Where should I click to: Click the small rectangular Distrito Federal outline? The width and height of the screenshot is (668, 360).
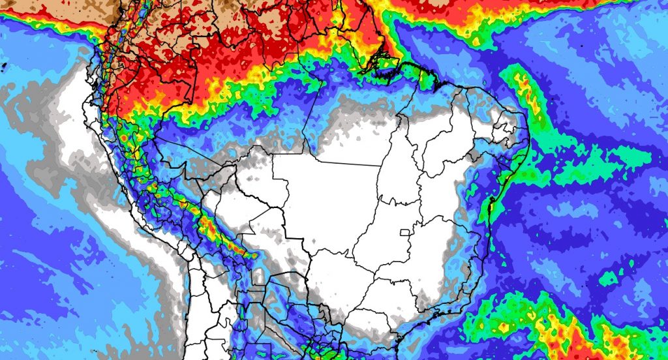pyautogui.click(x=404, y=232)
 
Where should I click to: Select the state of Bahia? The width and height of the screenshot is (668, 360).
pyautogui.click(x=457, y=196)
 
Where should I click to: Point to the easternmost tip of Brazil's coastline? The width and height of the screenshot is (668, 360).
pyautogui.click(x=530, y=140)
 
